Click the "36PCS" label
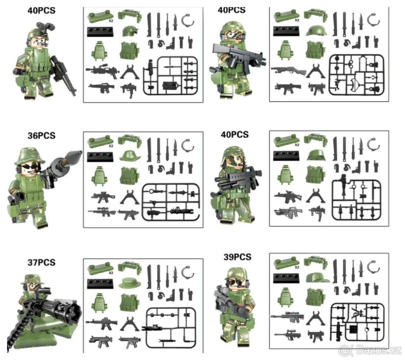click(x=41, y=136)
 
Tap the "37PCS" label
click(x=41, y=262)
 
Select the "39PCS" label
click(x=238, y=257)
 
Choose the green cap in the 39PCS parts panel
click(x=317, y=277)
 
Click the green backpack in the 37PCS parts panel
click(x=99, y=302)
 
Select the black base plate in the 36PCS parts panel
click(x=100, y=157)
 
